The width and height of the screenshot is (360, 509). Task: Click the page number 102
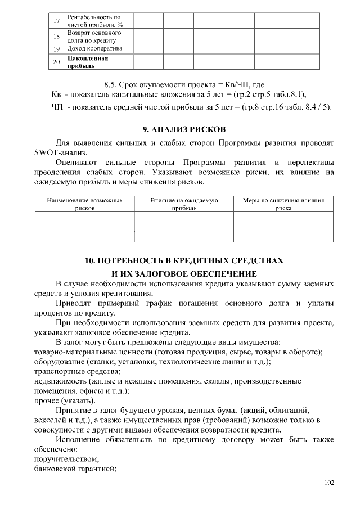329,483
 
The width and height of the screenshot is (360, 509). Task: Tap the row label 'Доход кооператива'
93,48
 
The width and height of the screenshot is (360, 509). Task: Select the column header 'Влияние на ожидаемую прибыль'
184,204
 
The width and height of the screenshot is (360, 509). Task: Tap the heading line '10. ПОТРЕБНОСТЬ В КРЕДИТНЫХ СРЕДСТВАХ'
184,261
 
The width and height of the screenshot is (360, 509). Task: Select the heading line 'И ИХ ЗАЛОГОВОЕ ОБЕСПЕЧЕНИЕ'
184,273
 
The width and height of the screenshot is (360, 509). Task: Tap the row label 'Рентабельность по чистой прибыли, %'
94,21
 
